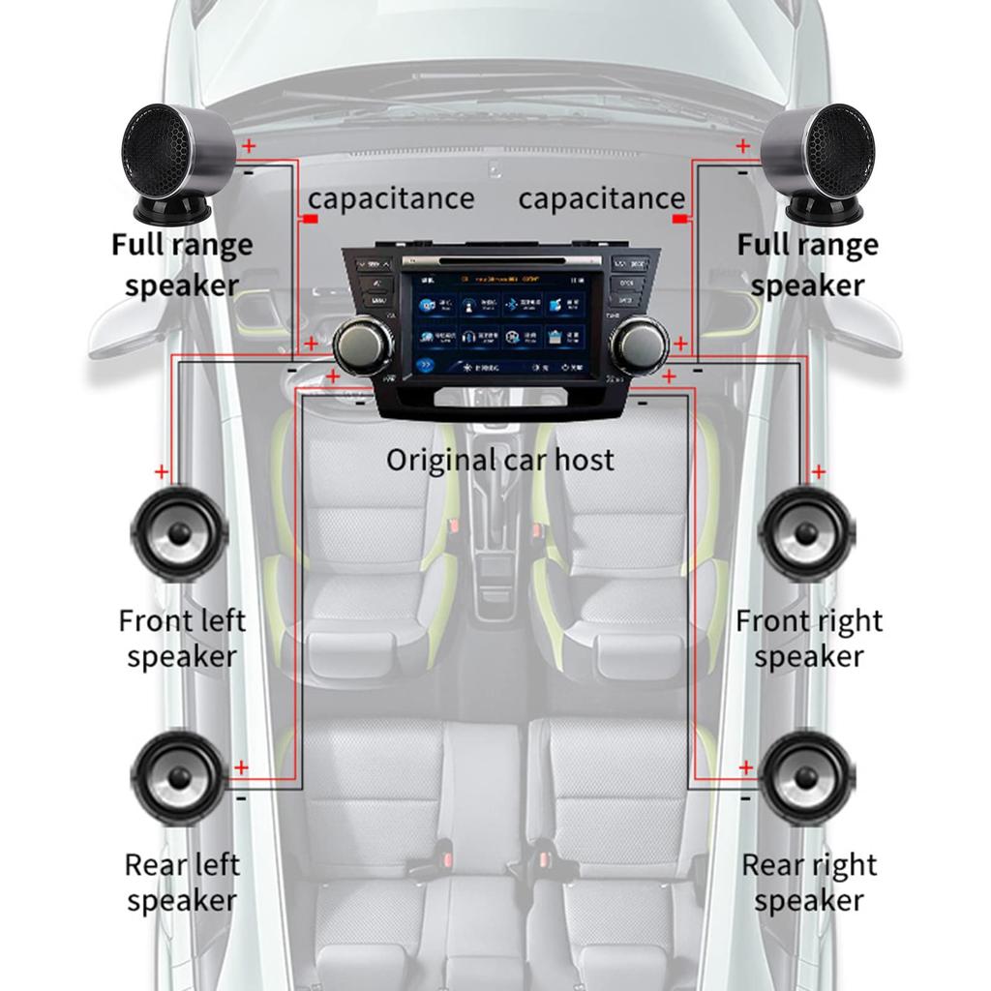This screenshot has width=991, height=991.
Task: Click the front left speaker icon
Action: (180, 533)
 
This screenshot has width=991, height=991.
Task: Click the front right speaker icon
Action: (807, 533)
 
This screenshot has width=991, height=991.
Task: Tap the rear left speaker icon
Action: (180, 778)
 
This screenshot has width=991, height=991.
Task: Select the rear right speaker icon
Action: (807, 778)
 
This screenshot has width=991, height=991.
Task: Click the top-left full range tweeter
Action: (177, 160)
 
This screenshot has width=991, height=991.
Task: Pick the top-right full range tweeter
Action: (819, 160)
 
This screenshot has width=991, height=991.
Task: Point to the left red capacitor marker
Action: (311, 220)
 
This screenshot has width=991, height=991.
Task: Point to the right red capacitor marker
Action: (680, 220)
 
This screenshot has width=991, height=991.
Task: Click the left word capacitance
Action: (391, 198)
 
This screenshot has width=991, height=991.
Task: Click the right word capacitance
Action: (601, 198)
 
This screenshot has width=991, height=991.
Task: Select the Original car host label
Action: (499, 459)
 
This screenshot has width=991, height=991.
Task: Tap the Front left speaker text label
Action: (182, 638)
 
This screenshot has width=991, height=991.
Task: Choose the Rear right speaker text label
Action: (809, 882)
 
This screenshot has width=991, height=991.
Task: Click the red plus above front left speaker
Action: (161, 471)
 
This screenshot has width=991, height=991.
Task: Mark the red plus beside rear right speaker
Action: (745, 767)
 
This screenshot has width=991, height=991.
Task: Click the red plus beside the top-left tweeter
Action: (249, 147)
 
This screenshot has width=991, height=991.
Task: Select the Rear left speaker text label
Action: (182, 882)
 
